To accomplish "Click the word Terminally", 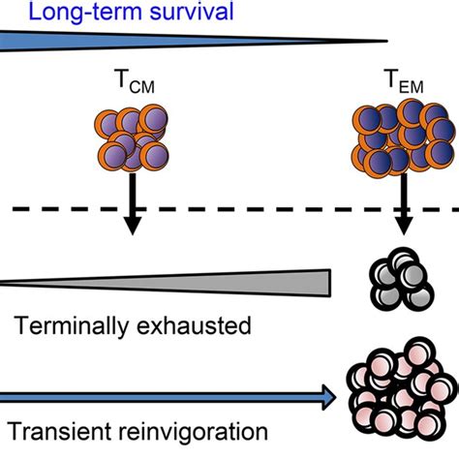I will coord(73,324).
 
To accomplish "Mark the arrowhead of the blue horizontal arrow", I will coord(326,396).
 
